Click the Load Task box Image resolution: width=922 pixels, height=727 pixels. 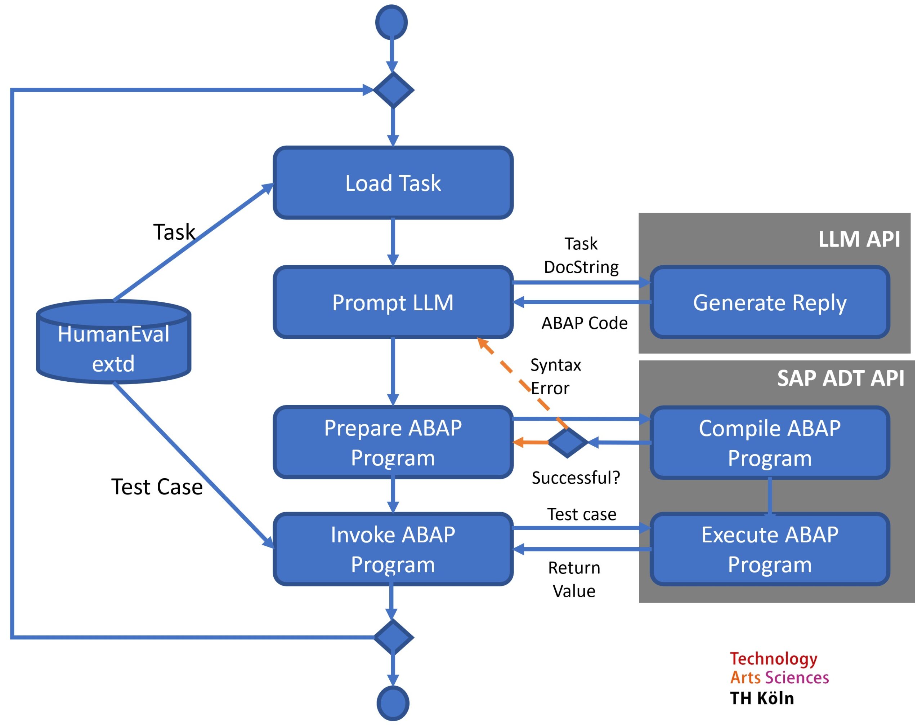point(393,183)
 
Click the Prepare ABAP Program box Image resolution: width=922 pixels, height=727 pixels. point(393,443)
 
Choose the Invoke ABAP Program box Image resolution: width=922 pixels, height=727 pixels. point(393,549)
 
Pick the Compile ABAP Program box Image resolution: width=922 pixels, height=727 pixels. point(769,443)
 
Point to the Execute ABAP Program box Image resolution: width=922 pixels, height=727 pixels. point(769,549)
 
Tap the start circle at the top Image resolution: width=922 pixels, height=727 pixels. point(391,22)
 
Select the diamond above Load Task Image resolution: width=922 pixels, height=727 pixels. point(393,90)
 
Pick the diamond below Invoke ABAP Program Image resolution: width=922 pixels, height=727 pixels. point(393,637)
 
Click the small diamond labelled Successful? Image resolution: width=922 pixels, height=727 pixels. point(567,443)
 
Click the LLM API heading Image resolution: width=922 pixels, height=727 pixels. point(859,239)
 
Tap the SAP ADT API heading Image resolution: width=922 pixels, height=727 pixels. point(840,378)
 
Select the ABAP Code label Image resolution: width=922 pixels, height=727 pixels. point(584,323)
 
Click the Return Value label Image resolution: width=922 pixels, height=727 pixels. point(574,579)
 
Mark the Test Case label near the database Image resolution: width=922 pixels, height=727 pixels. point(157,487)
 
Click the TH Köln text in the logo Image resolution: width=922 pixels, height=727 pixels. point(761,699)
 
